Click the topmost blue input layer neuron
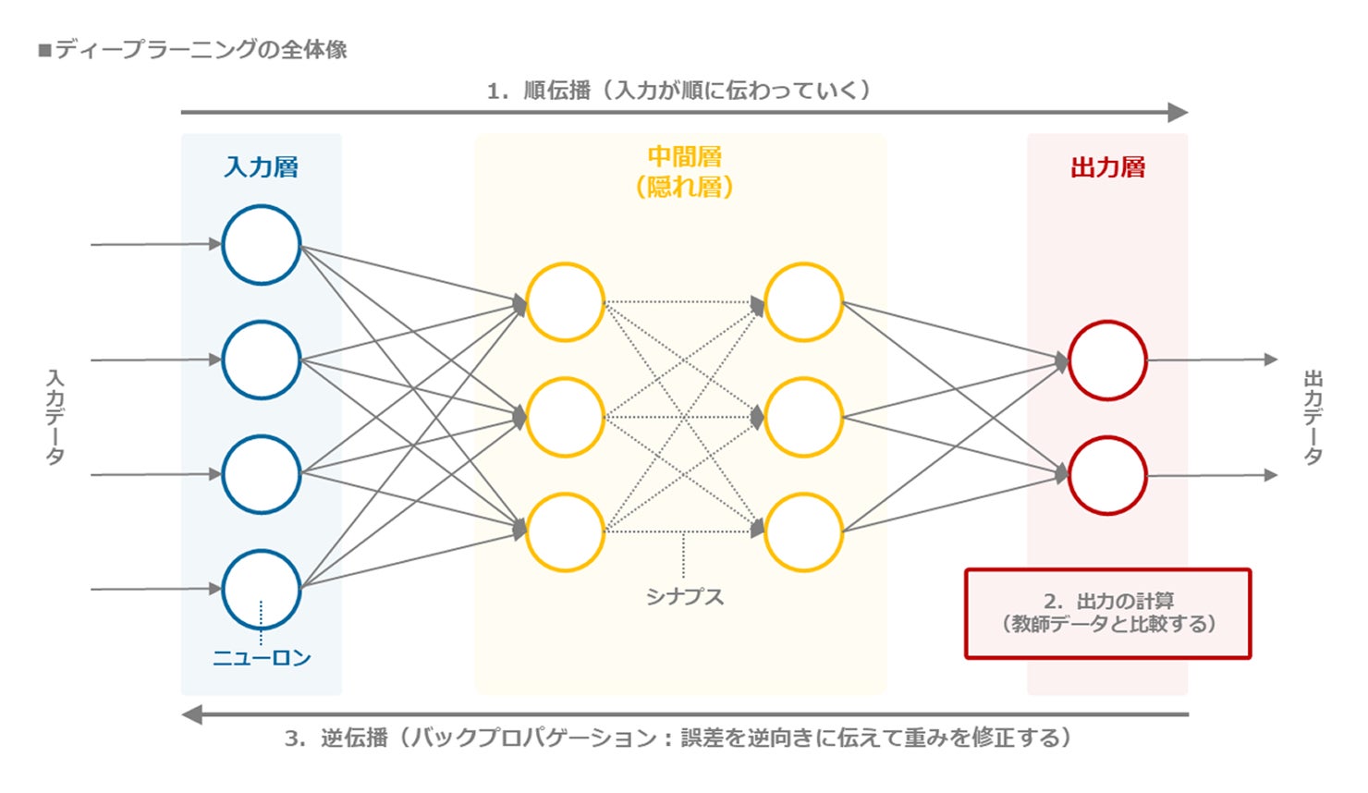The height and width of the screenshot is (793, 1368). point(262,245)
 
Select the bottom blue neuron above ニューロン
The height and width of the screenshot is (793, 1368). point(262,589)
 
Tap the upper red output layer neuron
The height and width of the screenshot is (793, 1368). point(1107,360)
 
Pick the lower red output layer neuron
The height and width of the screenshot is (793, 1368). point(1107,475)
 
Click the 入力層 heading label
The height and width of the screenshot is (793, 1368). point(262,167)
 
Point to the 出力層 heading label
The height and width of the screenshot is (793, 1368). point(1107,167)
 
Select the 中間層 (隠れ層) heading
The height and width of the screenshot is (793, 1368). point(684,172)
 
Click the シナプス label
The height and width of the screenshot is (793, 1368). point(684,597)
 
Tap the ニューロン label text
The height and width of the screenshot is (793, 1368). point(262,658)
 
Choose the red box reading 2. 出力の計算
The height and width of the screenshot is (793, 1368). point(1107,613)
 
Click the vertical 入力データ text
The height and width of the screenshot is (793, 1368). point(55,417)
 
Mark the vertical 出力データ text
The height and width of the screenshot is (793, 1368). point(1313,417)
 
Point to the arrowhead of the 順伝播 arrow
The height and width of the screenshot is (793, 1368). point(1178,113)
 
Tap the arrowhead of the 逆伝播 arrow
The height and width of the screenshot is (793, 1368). point(191,714)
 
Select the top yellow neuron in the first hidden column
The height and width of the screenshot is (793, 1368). point(565,302)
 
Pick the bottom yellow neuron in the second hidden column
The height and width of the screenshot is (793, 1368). point(803,532)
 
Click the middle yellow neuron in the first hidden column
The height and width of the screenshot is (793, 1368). point(565,417)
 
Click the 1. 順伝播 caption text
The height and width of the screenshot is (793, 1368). point(679,91)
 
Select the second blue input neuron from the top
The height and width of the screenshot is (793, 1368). point(262,360)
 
